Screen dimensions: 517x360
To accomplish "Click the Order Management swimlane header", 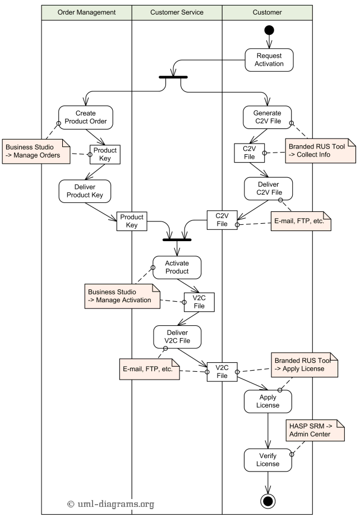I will (x=86, y=12).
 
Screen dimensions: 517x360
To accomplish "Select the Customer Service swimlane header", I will (x=177, y=12).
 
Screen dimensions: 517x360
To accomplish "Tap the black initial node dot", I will (x=269, y=30).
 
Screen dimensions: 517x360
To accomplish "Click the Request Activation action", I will (x=269, y=59).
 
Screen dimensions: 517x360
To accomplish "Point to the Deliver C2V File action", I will (x=269, y=189).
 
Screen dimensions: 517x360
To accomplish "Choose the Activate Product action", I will (x=177, y=267).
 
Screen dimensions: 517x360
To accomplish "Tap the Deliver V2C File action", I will (x=177, y=336).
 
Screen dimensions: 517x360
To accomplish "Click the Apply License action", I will (x=268, y=401).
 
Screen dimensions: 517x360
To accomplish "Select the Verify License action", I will (x=268, y=460).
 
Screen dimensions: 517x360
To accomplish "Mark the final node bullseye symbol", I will (x=268, y=500).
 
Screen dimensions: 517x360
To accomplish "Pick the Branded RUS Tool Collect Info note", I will (x=320, y=150).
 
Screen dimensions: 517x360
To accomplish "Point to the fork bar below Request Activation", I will (x=173, y=77).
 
